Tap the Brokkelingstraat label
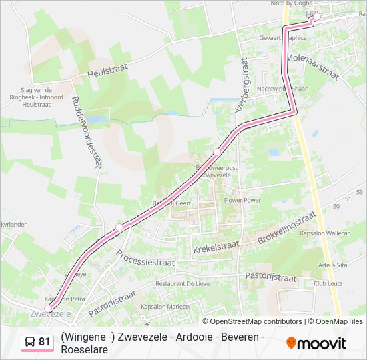(286, 228)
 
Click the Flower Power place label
(242, 200)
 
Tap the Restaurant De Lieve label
(183, 283)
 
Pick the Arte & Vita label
(333, 265)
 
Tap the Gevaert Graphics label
(282, 38)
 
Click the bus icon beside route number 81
(30, 342)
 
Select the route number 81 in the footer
(45, 342)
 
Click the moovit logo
(316, 343)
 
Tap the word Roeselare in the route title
(84, 349)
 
